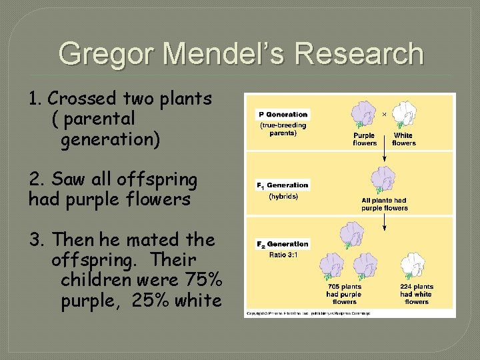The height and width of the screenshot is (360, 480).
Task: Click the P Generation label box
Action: point(283,115)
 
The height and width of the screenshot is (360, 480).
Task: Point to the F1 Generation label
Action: point(283,185)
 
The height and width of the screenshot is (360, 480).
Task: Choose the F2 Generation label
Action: point(283,244)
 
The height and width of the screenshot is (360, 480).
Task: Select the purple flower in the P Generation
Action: point(364,113)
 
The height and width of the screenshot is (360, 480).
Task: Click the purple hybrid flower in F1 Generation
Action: point(383,180)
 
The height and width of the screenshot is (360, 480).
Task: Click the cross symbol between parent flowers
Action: point(384,114)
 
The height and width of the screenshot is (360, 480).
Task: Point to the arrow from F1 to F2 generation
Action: point(384,223)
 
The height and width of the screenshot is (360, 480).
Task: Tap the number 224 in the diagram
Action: point(407,287)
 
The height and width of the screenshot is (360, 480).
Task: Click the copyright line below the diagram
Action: point(308,313)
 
